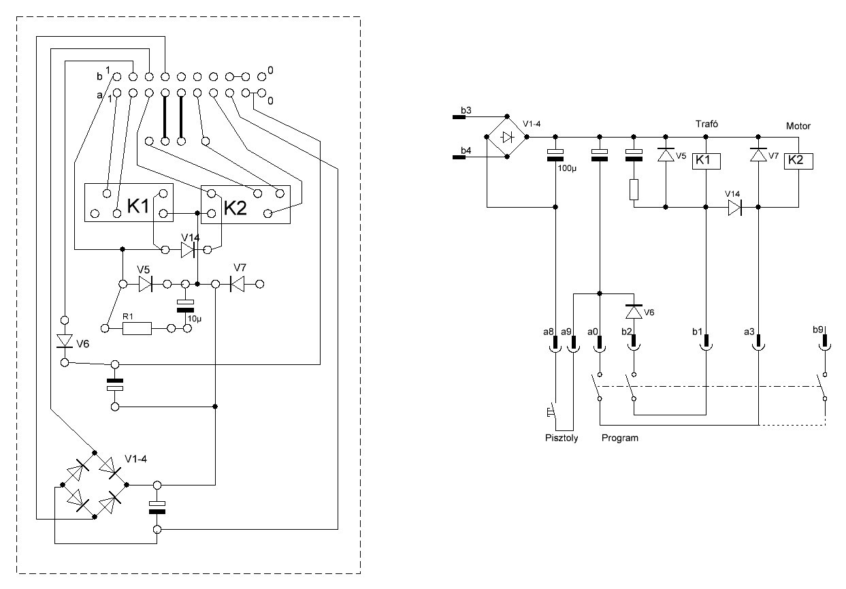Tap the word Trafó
tap(706, 124)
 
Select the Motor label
tap(798, 126)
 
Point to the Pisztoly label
tap(562, 438)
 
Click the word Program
tap(620, 438)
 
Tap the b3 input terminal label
tap(466, 110)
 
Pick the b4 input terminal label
tap(466, 150)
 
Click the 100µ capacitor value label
tap(567, 168)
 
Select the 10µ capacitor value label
tap(195, 319)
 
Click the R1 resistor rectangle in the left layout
tap(137, 329)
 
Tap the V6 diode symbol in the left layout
tap(64, 340)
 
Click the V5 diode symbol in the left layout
tap(146, 284)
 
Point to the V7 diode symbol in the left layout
tap(237, 284)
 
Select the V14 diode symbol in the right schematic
tap(734, 208)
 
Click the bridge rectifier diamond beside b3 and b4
tap(507, 137)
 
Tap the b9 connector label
tap(818, 330)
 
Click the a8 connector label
tap(549, 332)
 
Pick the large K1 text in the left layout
tap(138, 206)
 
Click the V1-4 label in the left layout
tap(135, 459)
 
